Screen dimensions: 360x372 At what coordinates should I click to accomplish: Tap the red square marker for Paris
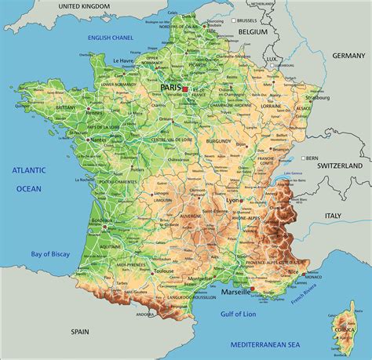pyautogui.click(x=185, y=90)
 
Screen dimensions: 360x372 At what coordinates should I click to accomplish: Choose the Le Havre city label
pyautogui.click(x=123, y=60)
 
